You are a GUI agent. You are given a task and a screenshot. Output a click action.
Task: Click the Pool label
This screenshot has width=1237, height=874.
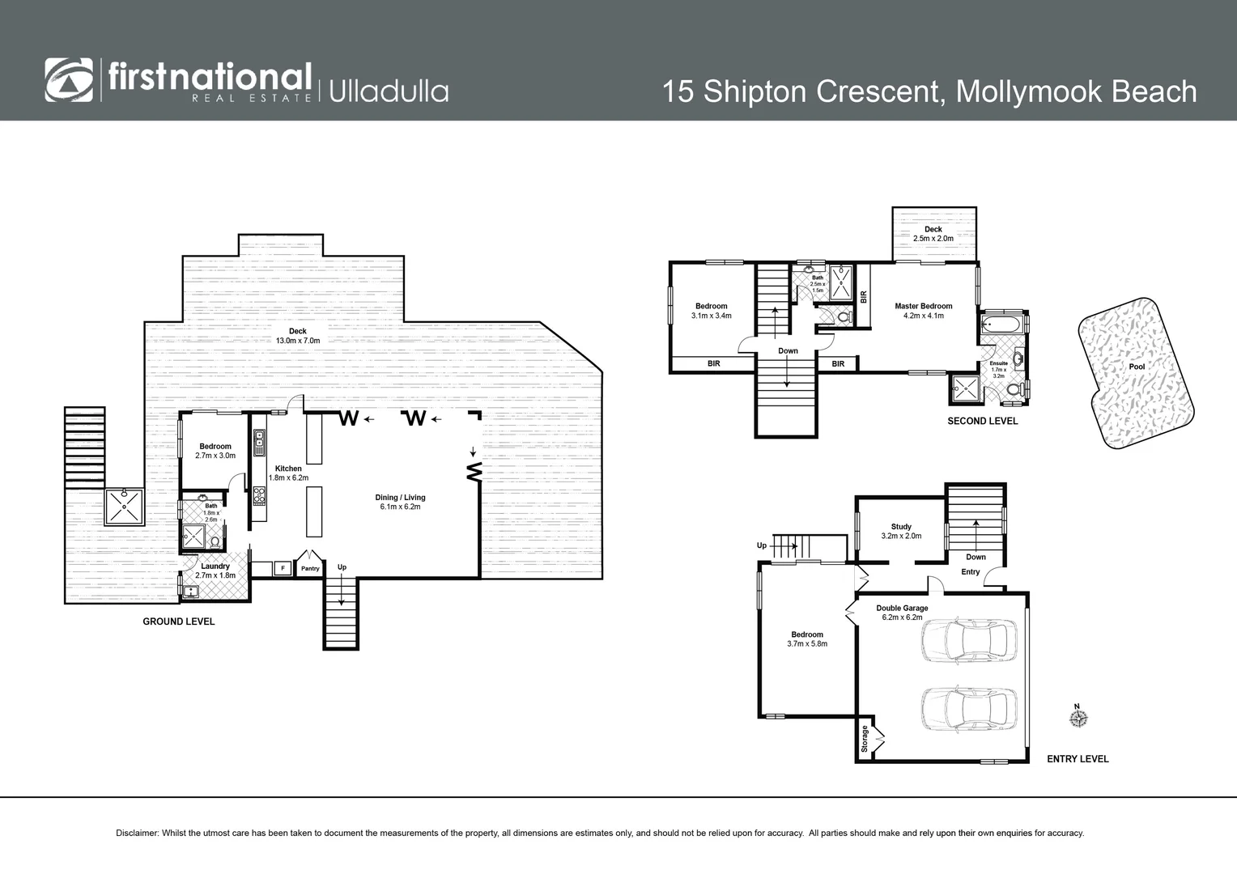(1137, 367)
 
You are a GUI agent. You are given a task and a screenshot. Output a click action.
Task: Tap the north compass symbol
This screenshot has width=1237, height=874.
(1077, 718)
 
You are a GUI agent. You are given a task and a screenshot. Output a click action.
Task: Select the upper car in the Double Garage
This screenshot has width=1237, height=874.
(967, 641)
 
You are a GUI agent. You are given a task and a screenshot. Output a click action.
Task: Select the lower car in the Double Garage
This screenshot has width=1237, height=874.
(967, 709)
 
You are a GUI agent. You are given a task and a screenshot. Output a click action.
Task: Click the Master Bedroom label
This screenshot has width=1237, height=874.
(923, 306)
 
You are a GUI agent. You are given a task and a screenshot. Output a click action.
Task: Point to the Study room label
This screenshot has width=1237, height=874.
(901, 527)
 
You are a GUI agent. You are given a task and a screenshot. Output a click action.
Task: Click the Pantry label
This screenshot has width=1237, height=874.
(310, 569)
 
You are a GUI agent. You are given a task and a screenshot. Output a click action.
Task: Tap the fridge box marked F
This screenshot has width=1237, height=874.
(283, 568)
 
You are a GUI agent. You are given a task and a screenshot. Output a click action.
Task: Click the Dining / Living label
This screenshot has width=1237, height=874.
(400, 498)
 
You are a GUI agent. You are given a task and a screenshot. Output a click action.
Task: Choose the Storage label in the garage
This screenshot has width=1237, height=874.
(865, 738)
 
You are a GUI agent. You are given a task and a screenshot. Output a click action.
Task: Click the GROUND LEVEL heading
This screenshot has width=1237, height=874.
(178, 622)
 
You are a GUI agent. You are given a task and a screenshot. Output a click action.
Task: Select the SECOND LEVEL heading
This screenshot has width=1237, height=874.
(982, 422)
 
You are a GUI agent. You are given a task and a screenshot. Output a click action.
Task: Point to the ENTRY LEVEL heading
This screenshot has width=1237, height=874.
(1077, 759)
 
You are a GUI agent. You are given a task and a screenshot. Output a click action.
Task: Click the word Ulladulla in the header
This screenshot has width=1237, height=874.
(389, 91)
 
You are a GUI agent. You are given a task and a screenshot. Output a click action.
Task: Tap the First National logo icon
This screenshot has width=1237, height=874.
(69, 81)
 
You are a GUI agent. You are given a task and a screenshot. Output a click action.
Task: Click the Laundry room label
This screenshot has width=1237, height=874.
(215, 566)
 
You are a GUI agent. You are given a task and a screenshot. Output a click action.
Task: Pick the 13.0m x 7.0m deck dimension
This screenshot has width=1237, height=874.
(297, 341)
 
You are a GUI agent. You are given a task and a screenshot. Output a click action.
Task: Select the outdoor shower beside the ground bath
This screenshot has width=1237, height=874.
(124, 507)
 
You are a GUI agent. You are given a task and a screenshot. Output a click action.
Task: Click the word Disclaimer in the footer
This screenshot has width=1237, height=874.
(138, 833)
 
